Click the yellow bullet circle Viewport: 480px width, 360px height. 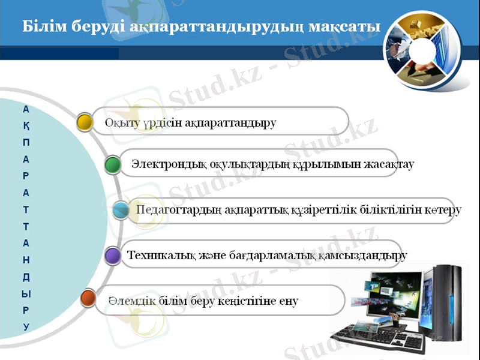(85, 122)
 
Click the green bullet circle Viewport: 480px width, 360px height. (112, 164)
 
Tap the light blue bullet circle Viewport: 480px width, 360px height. (121, 210)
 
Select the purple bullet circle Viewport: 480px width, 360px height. (112, 256)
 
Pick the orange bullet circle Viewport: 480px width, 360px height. (88, 298)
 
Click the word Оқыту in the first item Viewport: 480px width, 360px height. (121, 124)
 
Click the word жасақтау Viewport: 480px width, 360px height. (390, 164)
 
